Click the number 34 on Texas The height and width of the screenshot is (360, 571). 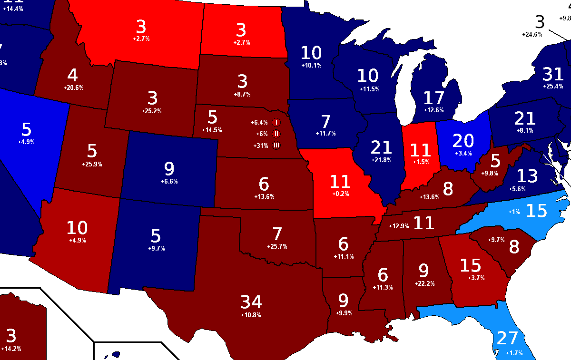[x=251, y=302]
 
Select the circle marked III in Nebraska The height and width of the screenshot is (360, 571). [x=276, y=146]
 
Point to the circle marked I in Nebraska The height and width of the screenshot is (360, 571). [x=276, y=123]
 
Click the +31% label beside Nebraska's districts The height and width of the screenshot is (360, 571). [x=260, y=146]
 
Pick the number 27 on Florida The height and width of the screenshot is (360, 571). [x=507, y=338]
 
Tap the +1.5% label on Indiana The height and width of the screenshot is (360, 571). [x=420, y=162]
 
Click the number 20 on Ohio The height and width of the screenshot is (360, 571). [x=463, y=141]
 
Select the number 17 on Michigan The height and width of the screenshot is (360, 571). [x=433, y=98]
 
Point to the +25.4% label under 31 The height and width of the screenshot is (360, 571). [x=553, y=87]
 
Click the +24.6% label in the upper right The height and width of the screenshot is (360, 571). [x=532, y=34]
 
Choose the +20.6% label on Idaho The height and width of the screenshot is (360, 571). [x=73, y=88]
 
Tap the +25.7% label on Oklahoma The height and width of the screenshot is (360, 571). [x=277, y=246]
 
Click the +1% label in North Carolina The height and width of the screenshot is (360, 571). [x=515, y=212]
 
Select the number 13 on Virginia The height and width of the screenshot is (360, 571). [x=527, y=176]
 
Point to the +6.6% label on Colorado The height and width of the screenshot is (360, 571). [x=169, y=182]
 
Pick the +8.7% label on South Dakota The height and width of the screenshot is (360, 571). [x=243, y=95]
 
